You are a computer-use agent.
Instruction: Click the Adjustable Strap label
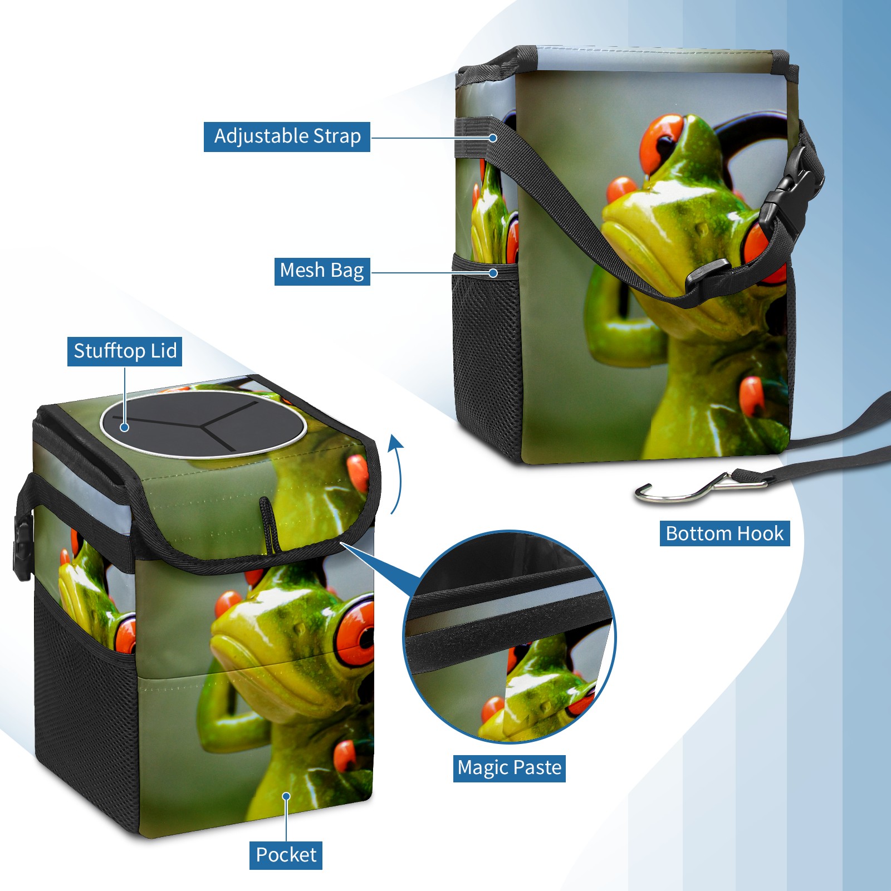pyautogui.click(x=287, y=136)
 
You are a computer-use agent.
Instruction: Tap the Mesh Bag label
pyautogui.click(x=322, y=271)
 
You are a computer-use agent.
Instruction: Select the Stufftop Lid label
pyautogui.click(x=125, y=351)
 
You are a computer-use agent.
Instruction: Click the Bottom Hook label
pyautogui.click(x=724, y=533)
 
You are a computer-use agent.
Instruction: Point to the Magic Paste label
pyautogui.click(x=509, y=768)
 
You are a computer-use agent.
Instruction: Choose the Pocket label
pyautogui.click(x=286, y=855)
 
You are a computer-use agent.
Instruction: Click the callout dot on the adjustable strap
pyautogui.click(x=493, y=138)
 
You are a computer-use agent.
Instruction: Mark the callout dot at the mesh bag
pyautogui.click(x=493, y=273)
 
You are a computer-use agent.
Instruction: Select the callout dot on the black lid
pyautogui.click(x=125, y=427)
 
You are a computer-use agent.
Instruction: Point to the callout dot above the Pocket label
pyautogui.click(x=286, y=796)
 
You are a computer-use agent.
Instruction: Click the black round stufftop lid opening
pyautogui.click(x=203, y=424)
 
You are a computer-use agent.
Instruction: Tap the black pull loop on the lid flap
pyautogui.click(x=270, y=525)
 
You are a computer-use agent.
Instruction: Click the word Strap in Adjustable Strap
pyautogui.click(x=337, y=136)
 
